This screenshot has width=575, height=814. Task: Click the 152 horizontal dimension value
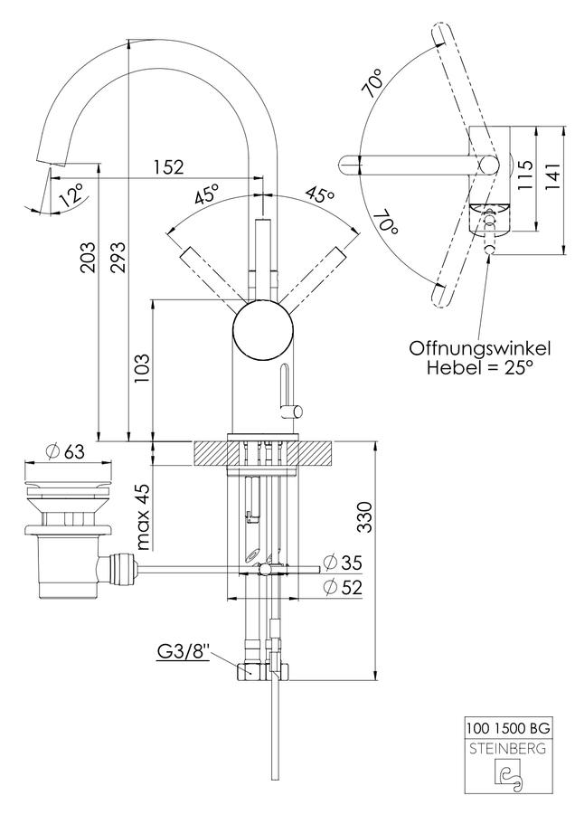[x=168, y=166]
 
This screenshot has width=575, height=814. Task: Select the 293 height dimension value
[x=118, y=258]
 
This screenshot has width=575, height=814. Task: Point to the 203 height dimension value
[x=87, y=258]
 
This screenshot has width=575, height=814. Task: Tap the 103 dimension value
[x=142, y=368]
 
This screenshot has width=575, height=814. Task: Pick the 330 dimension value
[x=365, y=517]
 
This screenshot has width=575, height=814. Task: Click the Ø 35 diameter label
[x=343, y=562]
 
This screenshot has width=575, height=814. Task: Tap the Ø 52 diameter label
[x=343, y=587]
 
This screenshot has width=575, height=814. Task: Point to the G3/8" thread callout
[x=184, y=652]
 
